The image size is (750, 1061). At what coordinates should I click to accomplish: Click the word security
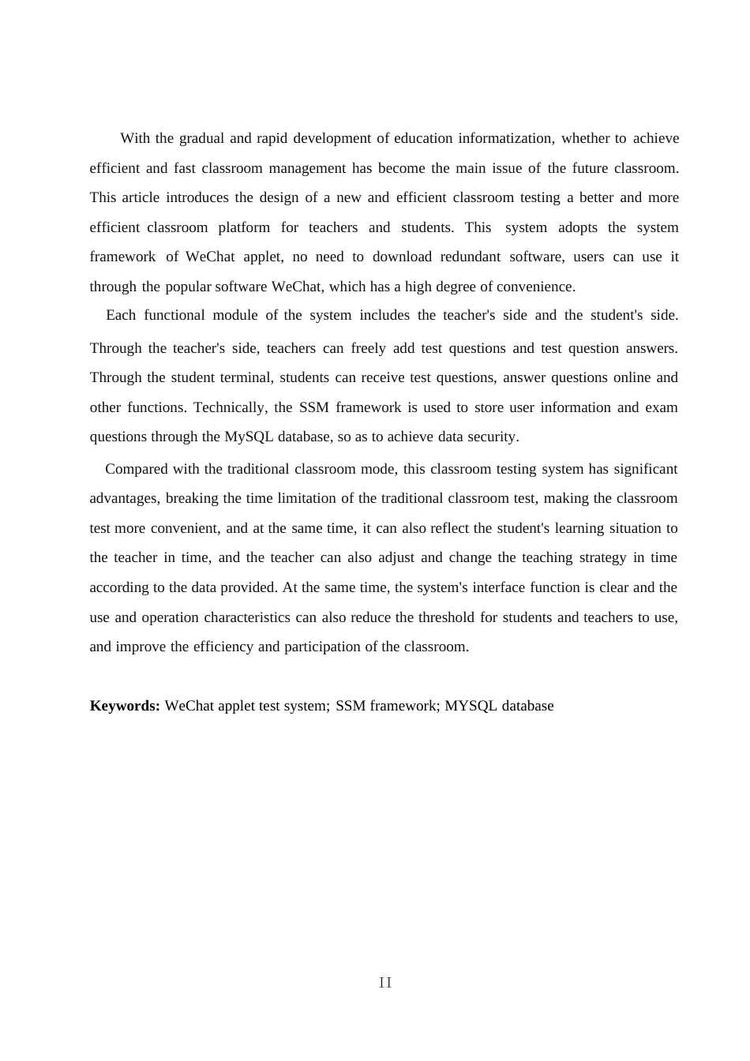(492, 437)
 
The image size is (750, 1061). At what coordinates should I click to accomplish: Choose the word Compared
(137, 469)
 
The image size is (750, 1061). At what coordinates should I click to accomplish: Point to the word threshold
(446, 617)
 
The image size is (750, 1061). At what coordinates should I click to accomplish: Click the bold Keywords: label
(125, 706)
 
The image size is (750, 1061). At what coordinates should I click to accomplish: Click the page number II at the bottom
(385, 983)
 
